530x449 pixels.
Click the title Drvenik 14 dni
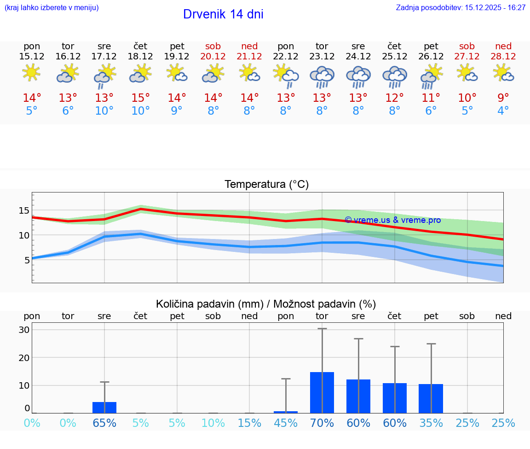click(x=223, y=14)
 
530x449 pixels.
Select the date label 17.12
click(x=104, y=57)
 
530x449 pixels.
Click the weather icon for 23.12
click(x=322, y=76)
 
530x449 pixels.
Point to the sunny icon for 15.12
click(x=31, y=73)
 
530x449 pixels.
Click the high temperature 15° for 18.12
click(x=141, y=98)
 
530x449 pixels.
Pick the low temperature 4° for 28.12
click(x=503, y=111)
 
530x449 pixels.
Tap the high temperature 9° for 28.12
click(x=503, y=98)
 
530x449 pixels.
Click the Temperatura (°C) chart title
click(x=266, y=185)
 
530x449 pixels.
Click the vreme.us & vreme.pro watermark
click(x=392, y=220)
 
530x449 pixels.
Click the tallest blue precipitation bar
click(x=322, y=392)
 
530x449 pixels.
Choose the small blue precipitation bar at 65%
click(x=104, y=408)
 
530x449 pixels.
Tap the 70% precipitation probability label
click(x=322, y=423)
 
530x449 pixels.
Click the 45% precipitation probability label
click(x=286, y=423)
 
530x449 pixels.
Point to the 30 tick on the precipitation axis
click(x=24, y=330)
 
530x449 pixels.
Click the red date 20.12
click(x=213, y=57)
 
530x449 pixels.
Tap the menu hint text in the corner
click(x=52, y=8)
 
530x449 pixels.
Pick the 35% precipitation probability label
click(x=431, y=423)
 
